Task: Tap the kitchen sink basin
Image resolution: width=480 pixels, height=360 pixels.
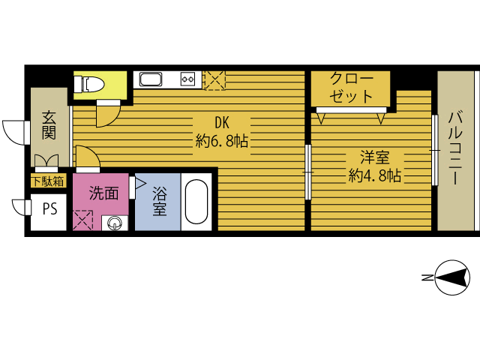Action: coord(151,79)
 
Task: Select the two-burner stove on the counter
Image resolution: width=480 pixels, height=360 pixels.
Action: coord(187,79)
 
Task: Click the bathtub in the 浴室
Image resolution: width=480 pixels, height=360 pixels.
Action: coord(196,202)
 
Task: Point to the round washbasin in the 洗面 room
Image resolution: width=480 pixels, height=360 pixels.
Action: coord(115,223)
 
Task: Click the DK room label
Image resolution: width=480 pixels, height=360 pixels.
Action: coord(222,123)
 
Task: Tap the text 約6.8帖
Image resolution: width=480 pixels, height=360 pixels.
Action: coord(222,141)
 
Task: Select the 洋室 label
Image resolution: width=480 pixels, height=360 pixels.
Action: coord(375,157)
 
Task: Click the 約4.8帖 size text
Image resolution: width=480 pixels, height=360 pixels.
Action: coord(375,175)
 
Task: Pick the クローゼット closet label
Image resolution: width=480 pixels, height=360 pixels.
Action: coord(351,88)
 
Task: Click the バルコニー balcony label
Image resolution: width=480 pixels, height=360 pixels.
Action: coord(455,148)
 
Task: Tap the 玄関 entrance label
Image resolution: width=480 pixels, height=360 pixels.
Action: coord(49,125)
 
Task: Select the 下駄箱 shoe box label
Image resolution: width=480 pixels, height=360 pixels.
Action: coord(48,181)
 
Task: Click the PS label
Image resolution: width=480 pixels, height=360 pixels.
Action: coord(50,209)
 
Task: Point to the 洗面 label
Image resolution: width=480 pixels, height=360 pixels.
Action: coord(103,193)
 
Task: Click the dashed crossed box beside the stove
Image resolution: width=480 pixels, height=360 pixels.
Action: coord(215,80)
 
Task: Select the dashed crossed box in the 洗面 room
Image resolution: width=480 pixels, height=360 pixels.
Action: coord(82,220)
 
